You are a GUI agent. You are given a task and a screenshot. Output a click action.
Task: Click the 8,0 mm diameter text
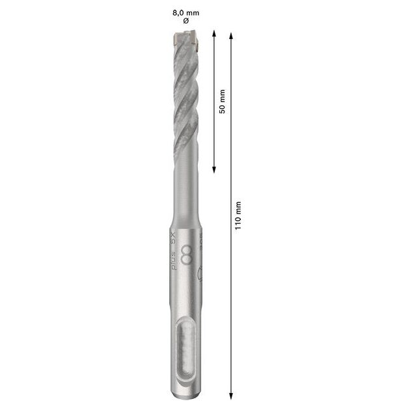(186, 12)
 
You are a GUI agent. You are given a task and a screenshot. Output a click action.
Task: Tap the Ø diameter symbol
(186, 21)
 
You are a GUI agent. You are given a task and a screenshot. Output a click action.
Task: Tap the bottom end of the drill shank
(186, 394)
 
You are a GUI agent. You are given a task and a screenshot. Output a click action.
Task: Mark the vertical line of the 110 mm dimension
(231, 293)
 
